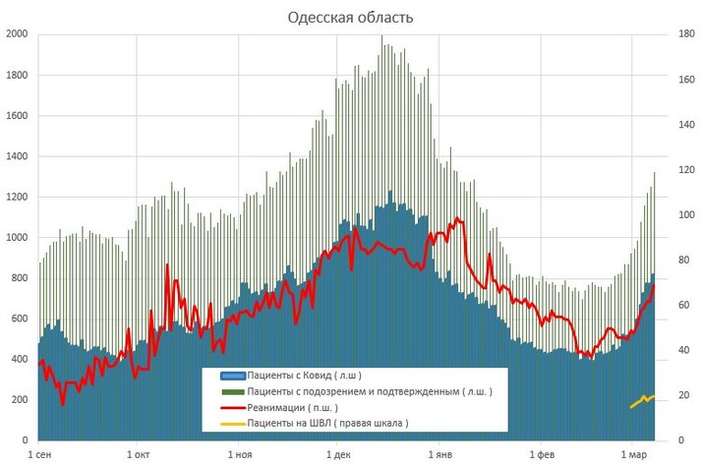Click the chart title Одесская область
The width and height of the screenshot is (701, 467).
coord(350,18)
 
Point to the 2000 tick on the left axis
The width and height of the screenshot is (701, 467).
coord(17,34)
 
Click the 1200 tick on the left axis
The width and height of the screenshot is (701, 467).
coord(17,197)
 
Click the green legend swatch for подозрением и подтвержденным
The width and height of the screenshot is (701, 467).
coord(232,391)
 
